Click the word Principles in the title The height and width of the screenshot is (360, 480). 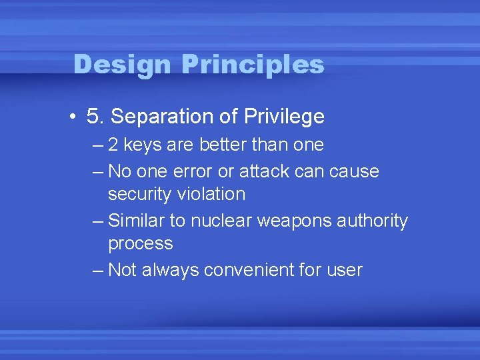(x=253, y=65)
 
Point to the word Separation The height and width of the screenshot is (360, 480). (x=163, y=117)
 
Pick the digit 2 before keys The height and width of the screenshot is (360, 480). (x=114, y=145)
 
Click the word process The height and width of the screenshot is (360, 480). (x=140, y=244)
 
